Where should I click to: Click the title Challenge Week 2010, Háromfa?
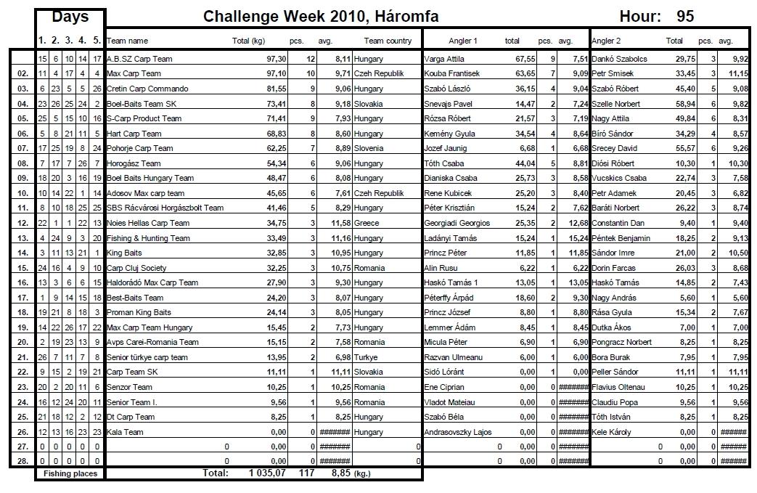[321, 17]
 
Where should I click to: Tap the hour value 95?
[685, 17]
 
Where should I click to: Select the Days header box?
[70, 17]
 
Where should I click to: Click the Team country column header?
[388, 41]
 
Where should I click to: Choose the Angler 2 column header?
[610, 41]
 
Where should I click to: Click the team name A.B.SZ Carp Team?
[139, 59]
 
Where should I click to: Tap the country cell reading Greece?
[367, 223]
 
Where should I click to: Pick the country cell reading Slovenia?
[369, 148]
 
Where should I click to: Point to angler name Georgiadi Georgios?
[457, 223]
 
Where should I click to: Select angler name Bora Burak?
[612, 357]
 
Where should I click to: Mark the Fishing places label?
[70, 473]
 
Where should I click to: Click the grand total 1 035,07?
[268, 473]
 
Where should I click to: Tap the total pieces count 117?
[306, 473]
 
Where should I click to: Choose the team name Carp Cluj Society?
[136, 268]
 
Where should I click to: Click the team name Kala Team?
[125, 432]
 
